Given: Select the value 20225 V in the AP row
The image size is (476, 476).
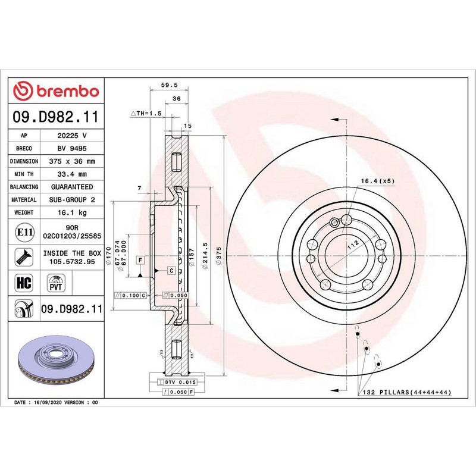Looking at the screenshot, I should (x=73, y=136).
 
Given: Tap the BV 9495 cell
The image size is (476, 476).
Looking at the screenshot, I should (x=73, y=148).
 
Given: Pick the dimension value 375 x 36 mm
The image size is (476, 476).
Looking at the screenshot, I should (x=73, y=161).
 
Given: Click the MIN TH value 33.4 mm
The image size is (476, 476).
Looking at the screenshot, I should (x=73, y=174).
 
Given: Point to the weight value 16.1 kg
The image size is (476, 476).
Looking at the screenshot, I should (x=73, y=212).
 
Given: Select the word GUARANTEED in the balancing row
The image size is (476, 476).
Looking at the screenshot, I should (x=73, y=187).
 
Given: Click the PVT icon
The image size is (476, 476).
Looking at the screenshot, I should (x=55, y=282).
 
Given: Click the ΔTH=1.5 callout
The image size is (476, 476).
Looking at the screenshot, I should (x=146, y=113).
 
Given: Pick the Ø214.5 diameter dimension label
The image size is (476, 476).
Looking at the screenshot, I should (x=205, y=256).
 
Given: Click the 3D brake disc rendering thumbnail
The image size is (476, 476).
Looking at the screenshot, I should (x=55, y=361).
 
